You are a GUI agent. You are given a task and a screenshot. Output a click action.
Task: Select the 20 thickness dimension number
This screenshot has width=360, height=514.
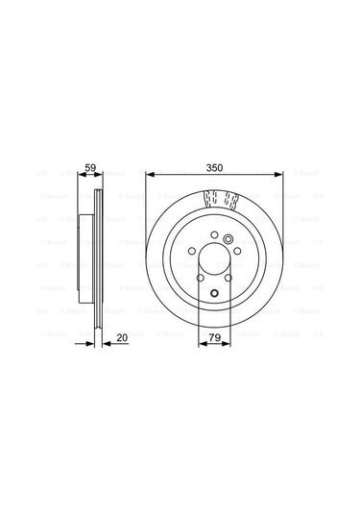pos(122,337)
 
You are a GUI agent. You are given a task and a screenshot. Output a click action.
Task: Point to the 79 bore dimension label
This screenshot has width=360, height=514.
pos(217,337)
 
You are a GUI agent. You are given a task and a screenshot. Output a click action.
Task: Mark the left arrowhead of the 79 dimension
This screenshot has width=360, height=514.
pos(200,347)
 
